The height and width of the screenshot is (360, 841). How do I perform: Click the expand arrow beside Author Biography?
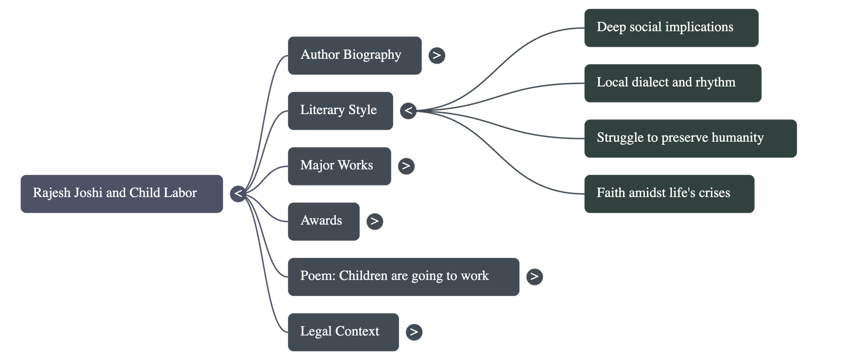click(x=437, y=55)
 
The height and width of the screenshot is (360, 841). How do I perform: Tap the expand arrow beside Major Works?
click(x=406, y=166)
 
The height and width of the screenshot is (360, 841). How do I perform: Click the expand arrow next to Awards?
click(x=374, y=221)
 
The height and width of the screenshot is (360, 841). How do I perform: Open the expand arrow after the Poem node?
click(x=534, y=276)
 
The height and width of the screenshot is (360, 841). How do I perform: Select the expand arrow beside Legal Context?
click(x=414, y=332)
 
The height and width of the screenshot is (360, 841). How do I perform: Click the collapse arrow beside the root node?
click(x=238, y=194)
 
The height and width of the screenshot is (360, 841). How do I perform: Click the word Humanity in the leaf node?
click(x=737, y=138)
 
